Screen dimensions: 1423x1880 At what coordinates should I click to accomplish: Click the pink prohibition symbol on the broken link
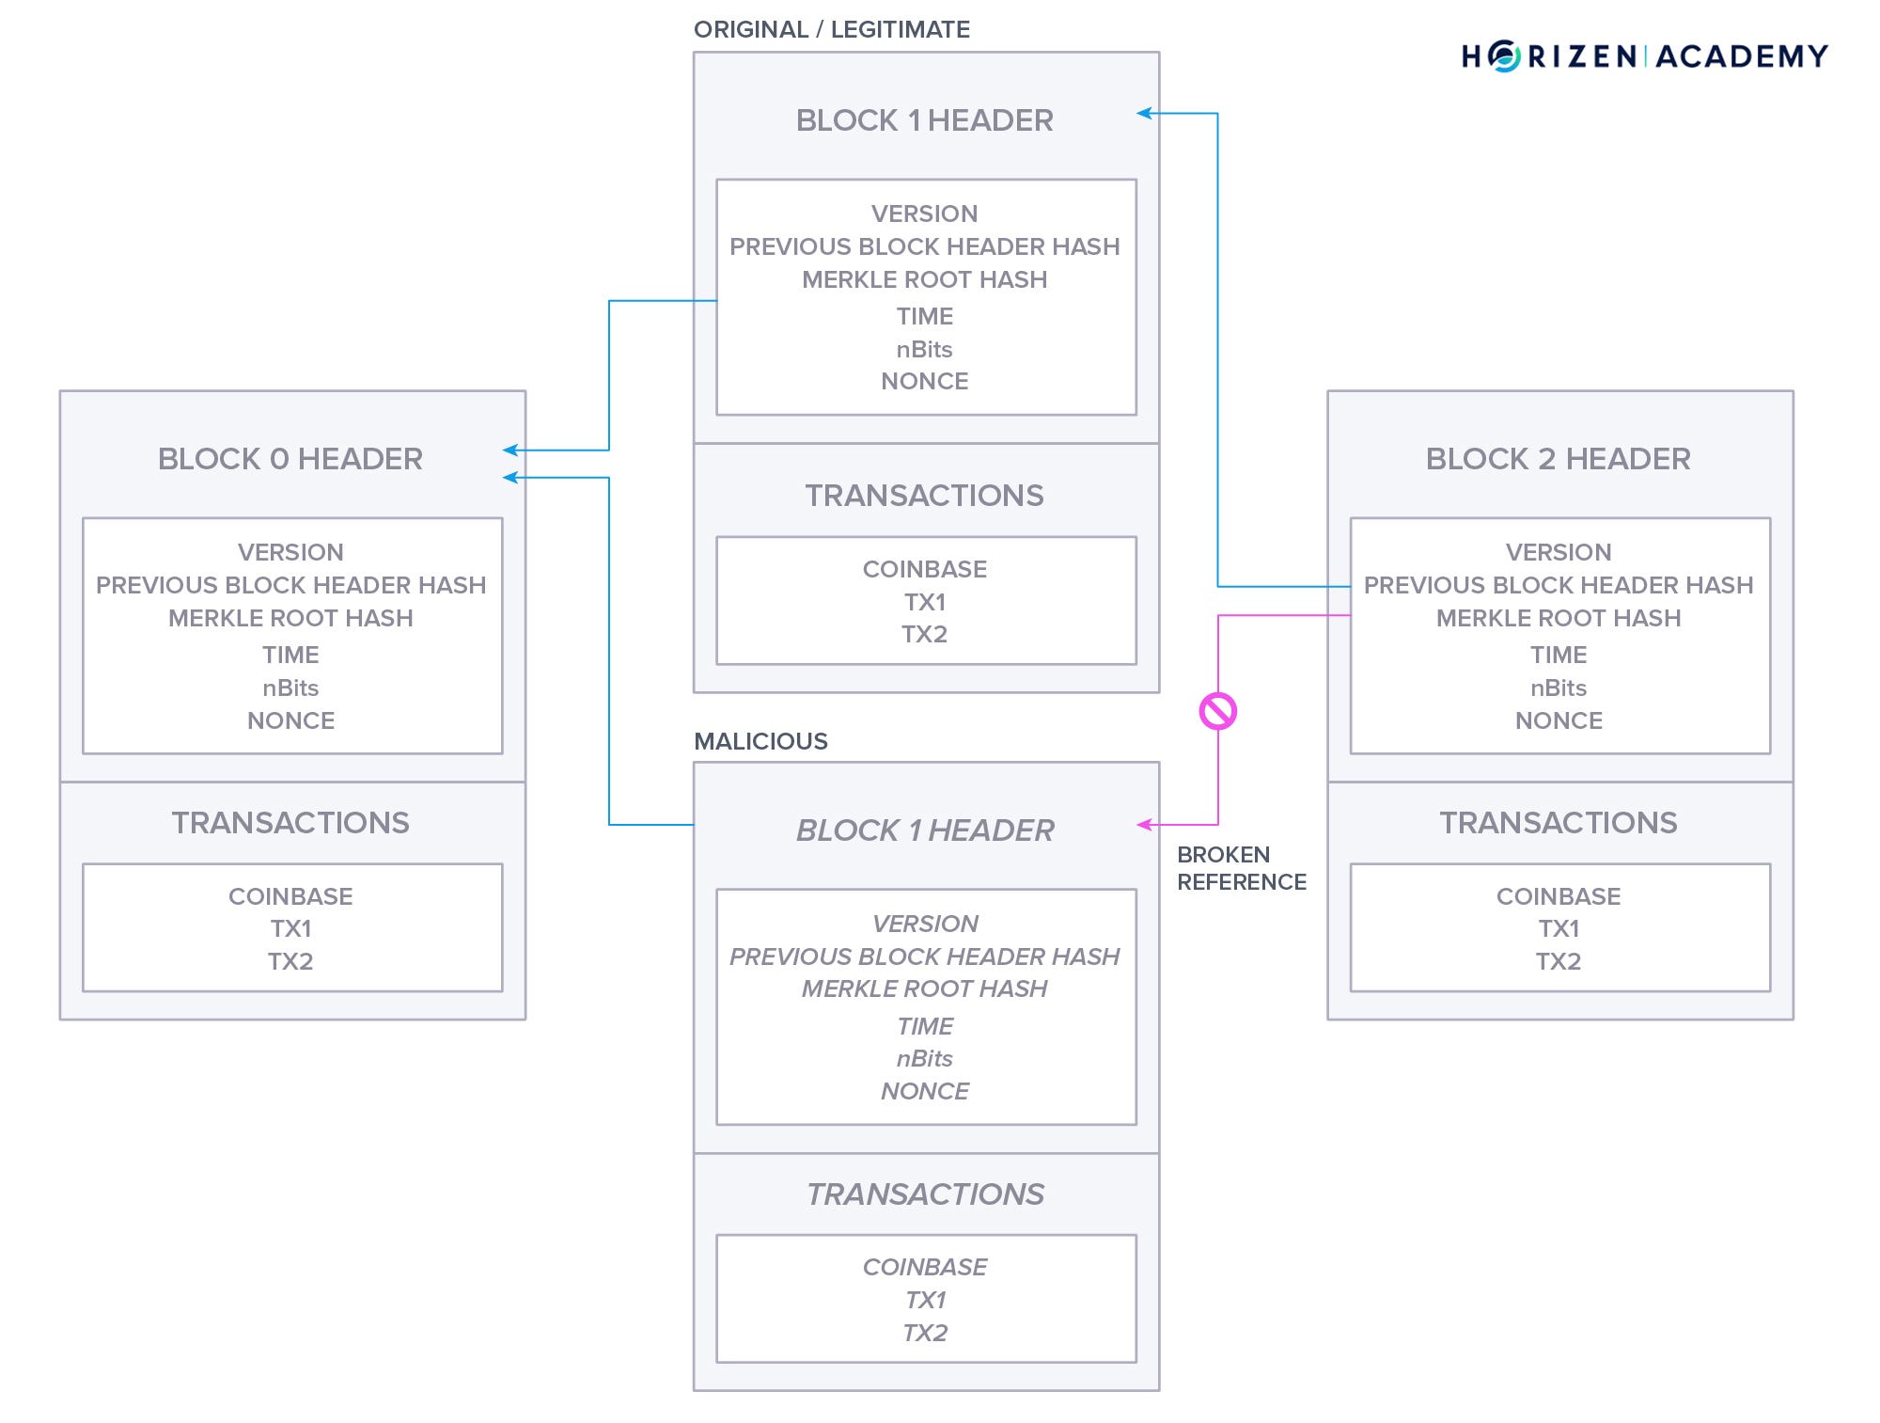coord(1218,711)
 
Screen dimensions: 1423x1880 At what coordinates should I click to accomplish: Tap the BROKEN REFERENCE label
coord(1241,868)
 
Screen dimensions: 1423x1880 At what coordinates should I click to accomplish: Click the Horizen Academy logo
coord(1644,56)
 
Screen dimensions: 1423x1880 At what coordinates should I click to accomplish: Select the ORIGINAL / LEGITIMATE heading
coord(831,30)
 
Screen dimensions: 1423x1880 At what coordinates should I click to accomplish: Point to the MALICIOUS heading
coord(760,741)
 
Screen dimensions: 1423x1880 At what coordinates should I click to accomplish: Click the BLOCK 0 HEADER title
coord(290,459)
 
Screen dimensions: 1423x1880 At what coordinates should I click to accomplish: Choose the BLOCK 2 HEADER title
coord(1558,459)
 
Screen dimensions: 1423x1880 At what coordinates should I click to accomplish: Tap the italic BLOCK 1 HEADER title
coord(925,830)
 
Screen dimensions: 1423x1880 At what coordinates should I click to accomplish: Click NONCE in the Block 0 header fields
coord(290,720)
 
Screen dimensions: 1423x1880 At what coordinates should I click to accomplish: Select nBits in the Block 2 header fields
coord(1558,688)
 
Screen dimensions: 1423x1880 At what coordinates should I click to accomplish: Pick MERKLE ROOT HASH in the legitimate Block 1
coord(924,279)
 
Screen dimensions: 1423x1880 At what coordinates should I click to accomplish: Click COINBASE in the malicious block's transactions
coord(925,1267)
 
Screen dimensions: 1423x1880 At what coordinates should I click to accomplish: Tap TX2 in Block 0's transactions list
coord(290,961)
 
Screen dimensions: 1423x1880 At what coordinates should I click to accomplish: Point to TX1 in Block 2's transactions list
coord(1558,928)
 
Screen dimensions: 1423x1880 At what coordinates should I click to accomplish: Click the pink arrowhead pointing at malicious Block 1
coord(1144,825)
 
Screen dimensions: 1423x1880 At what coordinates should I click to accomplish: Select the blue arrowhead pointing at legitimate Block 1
coord(1144,114)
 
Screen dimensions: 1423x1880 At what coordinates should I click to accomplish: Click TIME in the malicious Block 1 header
coord(925,1026)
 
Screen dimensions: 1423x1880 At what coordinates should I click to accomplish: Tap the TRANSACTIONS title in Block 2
coord(1558,823)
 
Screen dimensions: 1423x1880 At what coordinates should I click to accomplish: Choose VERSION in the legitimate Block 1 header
coord(924,213)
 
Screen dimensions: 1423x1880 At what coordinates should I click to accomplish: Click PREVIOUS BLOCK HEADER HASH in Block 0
coord(290,585)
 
